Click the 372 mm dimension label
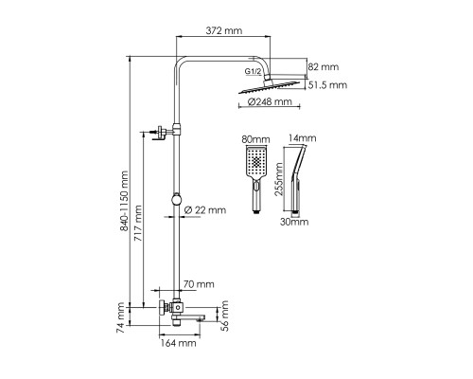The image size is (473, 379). click(224, 30)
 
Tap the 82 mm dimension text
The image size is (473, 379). click(324, 67)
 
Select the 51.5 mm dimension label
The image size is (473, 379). click(327, 85)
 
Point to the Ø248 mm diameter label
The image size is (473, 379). click(270, 101)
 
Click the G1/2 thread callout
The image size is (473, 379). click(253, 72)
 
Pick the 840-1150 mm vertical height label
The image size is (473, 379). click(125, 201)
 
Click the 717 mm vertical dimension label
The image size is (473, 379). click(138, 224)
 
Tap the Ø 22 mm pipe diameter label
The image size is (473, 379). click(205, 210)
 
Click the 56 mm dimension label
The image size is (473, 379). click(224, 316)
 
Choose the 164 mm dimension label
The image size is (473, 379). click(179, 343)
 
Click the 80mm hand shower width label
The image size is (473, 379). click(255, 139)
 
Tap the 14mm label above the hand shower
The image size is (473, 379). click(303, 138)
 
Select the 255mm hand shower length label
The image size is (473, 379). click(279, 179)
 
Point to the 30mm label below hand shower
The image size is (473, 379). click(294, 222)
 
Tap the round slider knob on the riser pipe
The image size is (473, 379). click(177, 199)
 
